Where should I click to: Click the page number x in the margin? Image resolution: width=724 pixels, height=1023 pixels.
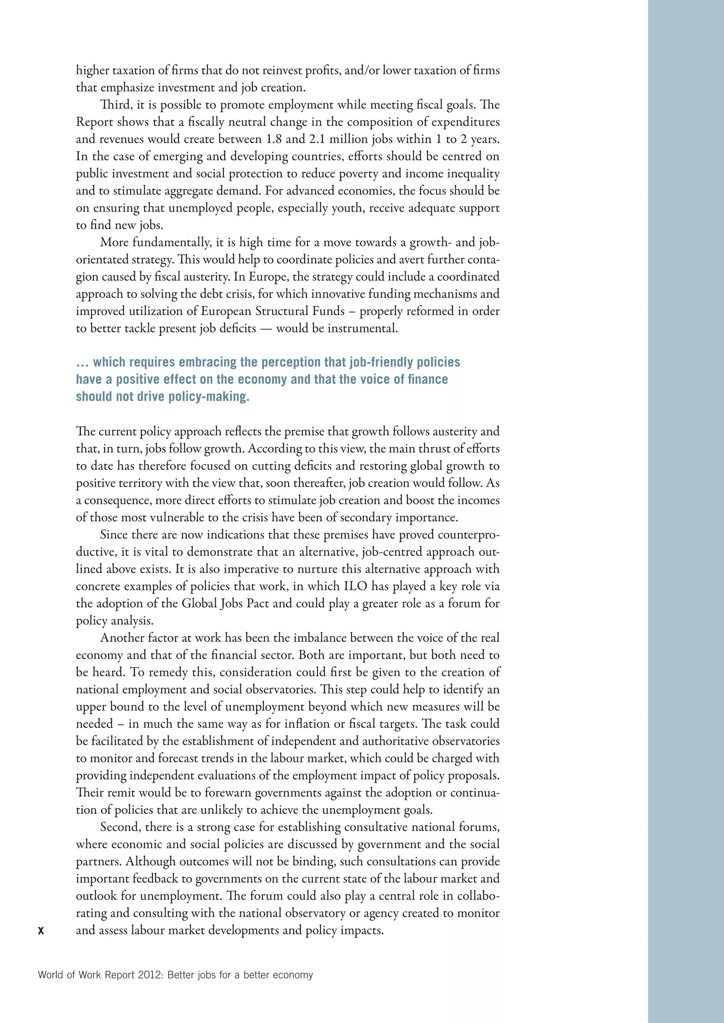(x=41, y=930)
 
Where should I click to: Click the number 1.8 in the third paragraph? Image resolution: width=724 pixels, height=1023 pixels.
(x=274, y=139)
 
